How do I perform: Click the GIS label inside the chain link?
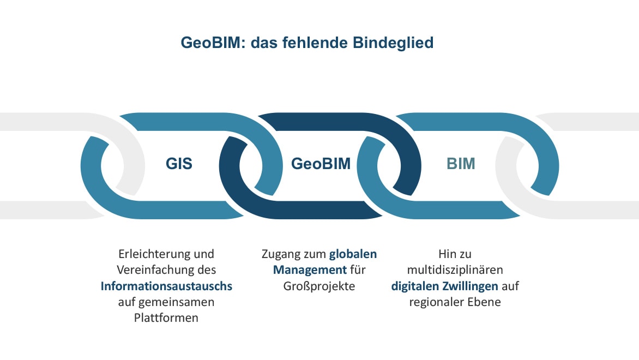coord(179,164)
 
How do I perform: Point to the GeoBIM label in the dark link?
coord(321,164)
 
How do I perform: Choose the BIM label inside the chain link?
coord(461,164)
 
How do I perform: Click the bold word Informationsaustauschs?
coord(166,286)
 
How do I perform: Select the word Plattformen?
coord(166,318)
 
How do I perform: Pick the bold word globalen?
coord(353,254)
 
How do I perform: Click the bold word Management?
coord(310,270)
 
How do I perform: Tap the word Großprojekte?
coord(319,286)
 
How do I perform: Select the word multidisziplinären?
coord(455,270)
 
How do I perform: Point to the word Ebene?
coord(484,302)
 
